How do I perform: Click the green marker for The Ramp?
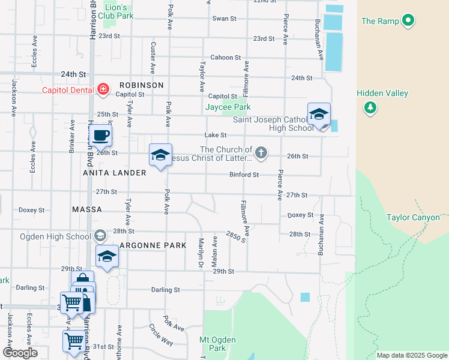(408, 21)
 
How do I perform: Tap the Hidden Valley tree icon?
(370, 107)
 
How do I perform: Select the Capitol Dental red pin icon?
(103, 90)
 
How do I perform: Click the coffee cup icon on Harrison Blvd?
(100, 136)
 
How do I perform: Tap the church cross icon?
(261, 153)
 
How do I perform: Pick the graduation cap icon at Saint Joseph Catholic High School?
(319, 115)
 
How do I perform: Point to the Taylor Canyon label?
(413, 217)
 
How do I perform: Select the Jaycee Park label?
(228, 107)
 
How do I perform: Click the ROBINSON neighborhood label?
(141, 85)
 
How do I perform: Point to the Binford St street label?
(244, 175)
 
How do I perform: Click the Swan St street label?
(224, 19)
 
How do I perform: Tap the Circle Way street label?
(161, 335)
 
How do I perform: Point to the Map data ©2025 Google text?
(411, 355)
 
